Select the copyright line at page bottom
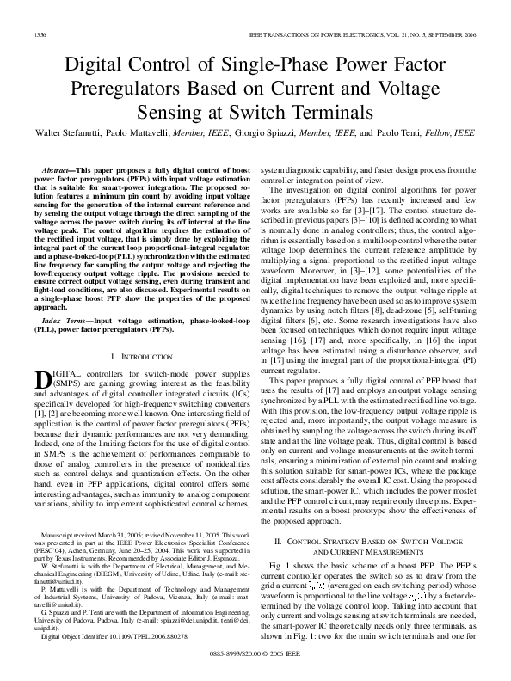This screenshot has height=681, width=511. (x=255, y=653)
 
